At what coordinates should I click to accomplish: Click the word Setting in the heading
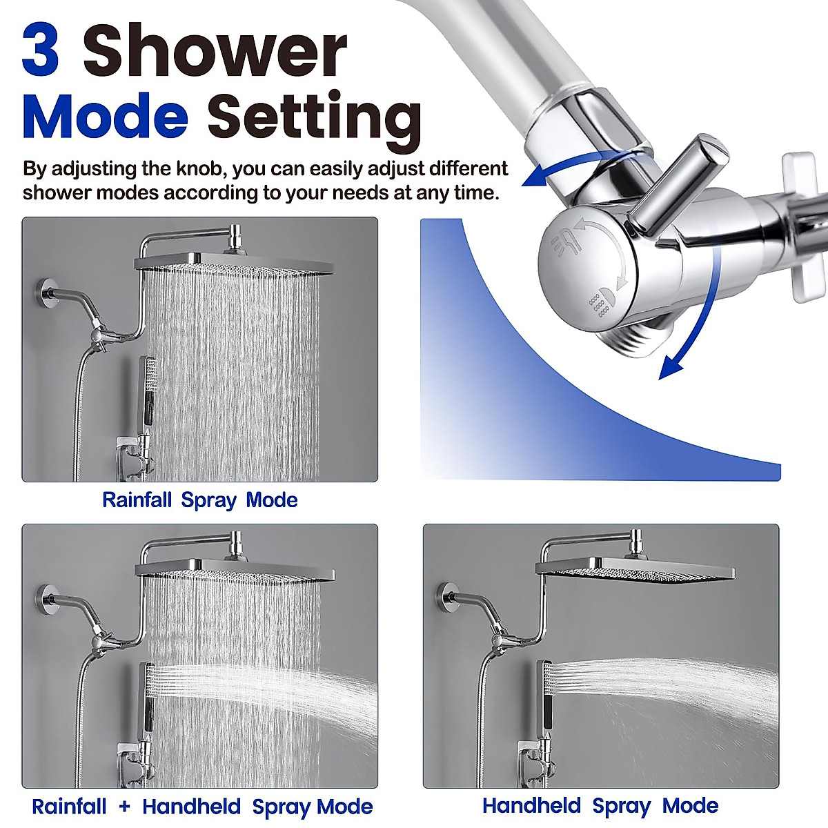[315, 117]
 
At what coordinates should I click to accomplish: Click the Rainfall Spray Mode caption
[199, 500]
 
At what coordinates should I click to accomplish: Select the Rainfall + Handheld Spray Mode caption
[201, 807]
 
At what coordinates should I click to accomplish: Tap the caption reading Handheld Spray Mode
[600, 806]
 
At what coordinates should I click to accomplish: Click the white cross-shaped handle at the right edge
[807, 228]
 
